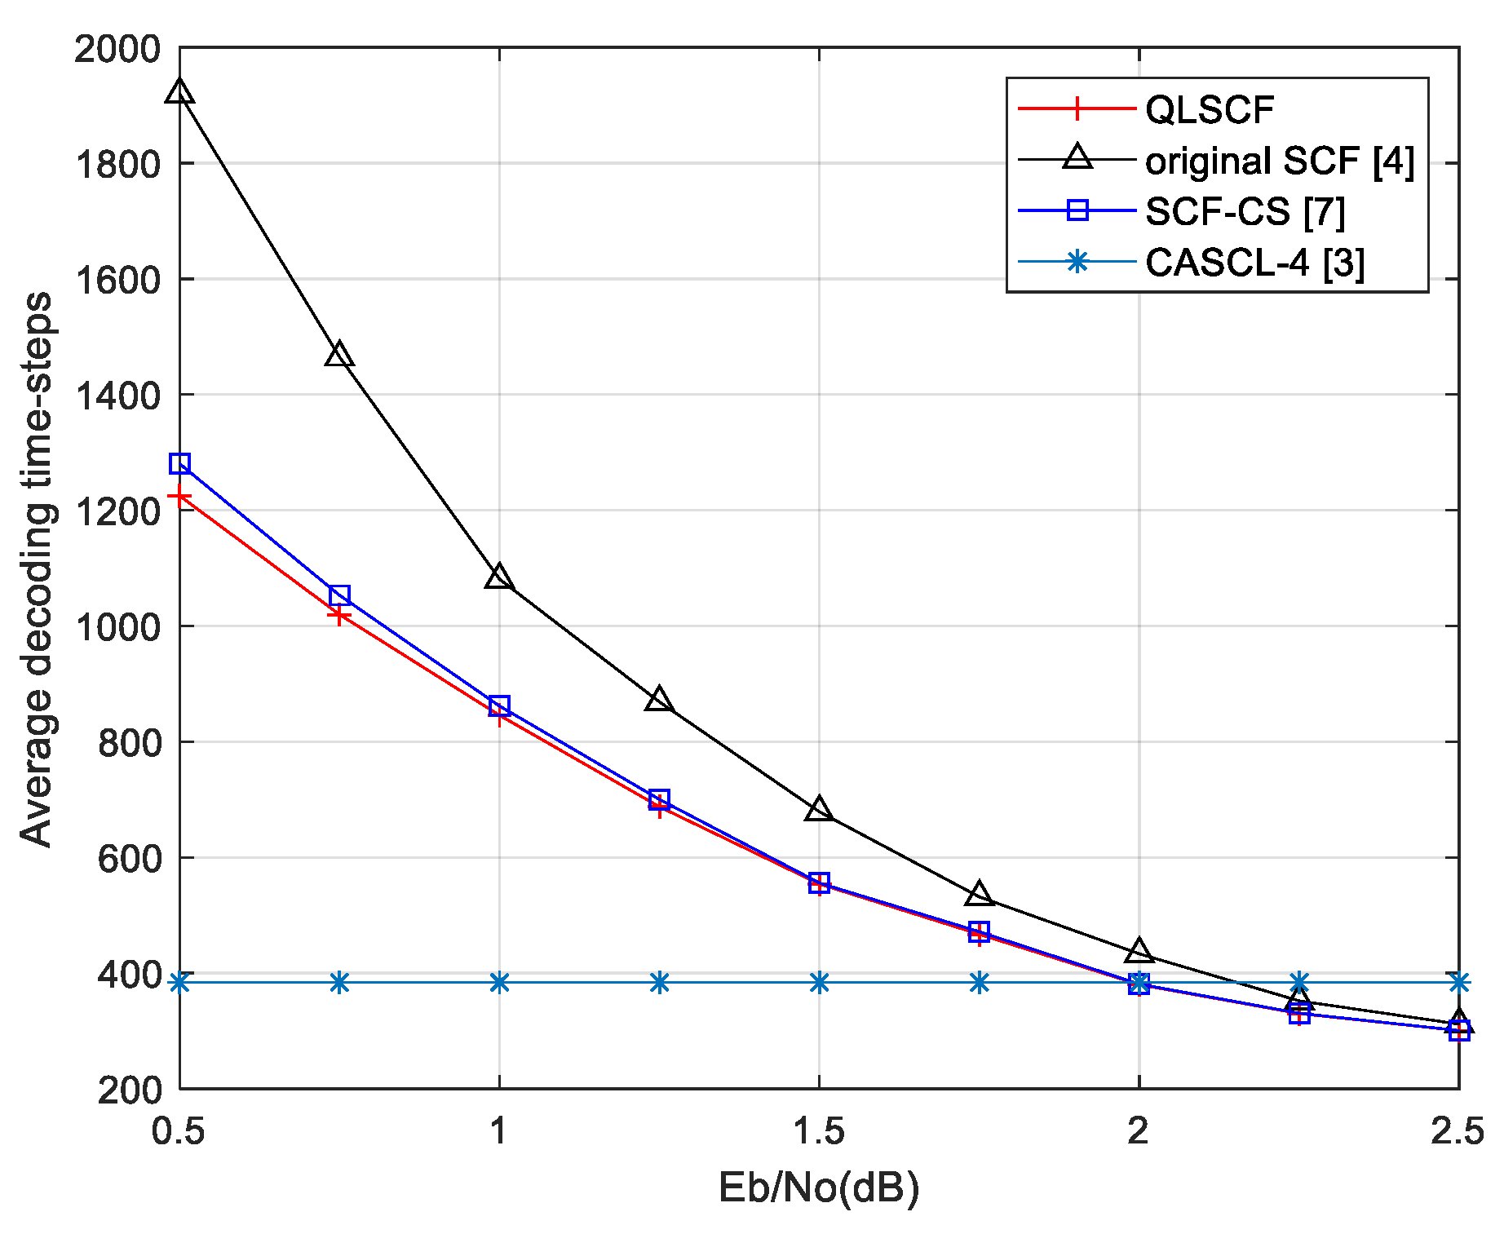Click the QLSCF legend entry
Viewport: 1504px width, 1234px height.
click(x=1209, y=109)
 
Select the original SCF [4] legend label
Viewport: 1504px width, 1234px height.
click(x=1279, y=161)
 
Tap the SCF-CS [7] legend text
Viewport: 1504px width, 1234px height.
click(x=1245, y=212)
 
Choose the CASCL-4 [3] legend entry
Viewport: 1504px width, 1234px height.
click(x=1254, y=263)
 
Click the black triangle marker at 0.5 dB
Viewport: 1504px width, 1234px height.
click(x=179, y=92)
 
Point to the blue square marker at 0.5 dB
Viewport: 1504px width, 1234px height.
click(x=179, y=463)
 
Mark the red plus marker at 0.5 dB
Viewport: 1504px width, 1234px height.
click(x=179, y=496)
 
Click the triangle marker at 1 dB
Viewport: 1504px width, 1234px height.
click(x=499, y=577)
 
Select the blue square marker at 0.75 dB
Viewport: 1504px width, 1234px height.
click(x=339, y=595)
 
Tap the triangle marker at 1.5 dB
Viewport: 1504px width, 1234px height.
click(x=819, y=810)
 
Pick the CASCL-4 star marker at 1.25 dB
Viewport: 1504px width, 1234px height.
click(x=660, y=982)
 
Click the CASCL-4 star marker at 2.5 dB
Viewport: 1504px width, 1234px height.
click(x=1459, y=982)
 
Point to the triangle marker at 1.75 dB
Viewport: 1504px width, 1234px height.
click(x=979, y=895)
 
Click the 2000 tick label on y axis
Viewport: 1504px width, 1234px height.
click(x=117, y=50)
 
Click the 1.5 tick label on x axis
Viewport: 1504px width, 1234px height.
click(x=819, y=1132)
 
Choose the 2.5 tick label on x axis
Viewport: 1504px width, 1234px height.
click(x=1457, y=1132)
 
